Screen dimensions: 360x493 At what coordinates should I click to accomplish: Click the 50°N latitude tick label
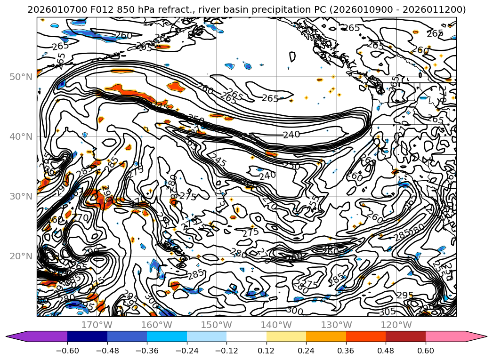tap(21, 77)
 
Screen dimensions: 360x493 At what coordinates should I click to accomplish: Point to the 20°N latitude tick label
tap(21, 256)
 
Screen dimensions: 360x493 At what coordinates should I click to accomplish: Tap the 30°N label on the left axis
tap(21, 196)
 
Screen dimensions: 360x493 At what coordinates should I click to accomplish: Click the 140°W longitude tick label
tap(277, 325)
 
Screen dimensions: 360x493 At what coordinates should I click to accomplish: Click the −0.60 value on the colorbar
tap(67, 351)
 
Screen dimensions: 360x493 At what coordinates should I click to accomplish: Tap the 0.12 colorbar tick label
tap(267, 351)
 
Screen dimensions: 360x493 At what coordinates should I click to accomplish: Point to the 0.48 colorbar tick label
tap(386, 351)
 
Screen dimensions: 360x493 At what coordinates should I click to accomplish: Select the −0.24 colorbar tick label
tap(186, 351)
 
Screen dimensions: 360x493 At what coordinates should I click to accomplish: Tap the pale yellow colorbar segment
tap(286, 336)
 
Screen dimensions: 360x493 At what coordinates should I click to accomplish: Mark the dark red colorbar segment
tap(405, 336)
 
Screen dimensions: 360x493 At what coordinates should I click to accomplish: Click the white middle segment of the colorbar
tap(246, 336)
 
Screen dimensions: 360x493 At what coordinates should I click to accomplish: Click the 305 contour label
tap(387, 312)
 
